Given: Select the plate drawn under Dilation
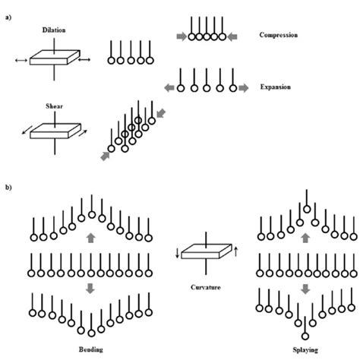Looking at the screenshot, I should tap(52, 58).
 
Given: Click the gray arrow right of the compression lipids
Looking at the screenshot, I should tap(234, 36).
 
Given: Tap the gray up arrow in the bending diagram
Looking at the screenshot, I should tap(90, 238).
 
